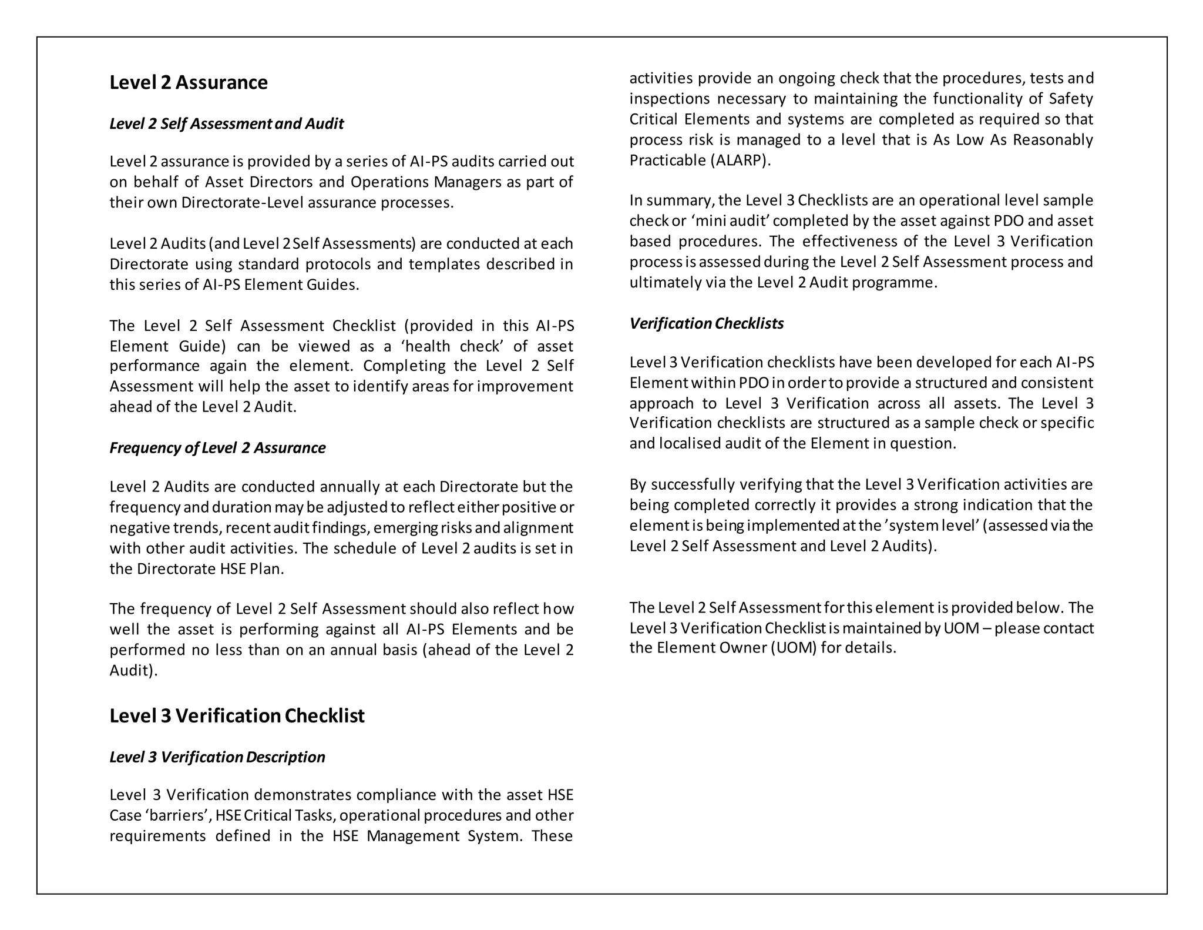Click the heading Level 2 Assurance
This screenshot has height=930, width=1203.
tap(188, 82)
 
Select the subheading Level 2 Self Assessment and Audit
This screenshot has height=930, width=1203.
tap(226, 123)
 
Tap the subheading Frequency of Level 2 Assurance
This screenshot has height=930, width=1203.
tap(217, 448)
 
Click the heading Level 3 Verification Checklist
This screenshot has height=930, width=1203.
tap(237, 715)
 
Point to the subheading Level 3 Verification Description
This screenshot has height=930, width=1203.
tap(217, 757)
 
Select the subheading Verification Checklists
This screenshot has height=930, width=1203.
tap(706, 323)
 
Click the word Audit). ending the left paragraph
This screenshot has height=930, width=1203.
tap(133, 670)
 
